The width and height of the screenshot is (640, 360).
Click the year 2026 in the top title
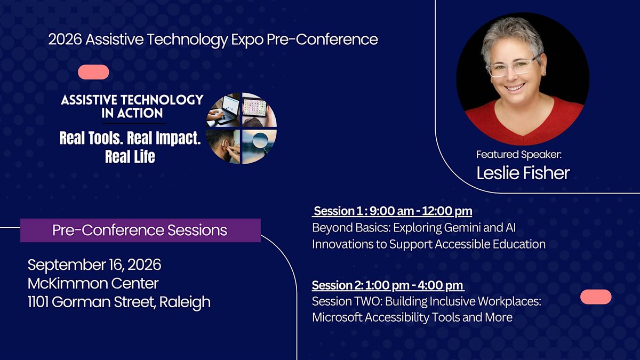65,39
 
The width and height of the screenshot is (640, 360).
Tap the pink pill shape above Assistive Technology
93,72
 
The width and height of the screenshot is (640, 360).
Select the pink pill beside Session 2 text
596,297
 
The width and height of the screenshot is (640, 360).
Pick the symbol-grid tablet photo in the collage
259,110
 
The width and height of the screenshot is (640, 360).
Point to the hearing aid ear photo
224,146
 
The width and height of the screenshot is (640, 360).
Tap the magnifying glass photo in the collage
259,146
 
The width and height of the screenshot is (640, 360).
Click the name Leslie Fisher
523,173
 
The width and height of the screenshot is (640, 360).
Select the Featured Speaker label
519,155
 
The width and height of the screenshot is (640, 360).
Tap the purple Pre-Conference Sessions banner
140,230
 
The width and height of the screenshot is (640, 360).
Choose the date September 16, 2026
94,265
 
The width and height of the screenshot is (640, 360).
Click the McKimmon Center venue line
93,283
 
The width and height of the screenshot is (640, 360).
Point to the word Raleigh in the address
185,302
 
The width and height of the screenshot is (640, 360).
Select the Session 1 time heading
392,211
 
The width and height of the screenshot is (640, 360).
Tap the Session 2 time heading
388,285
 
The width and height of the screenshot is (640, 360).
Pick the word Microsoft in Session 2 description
337,317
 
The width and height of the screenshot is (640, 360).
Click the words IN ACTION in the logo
132,113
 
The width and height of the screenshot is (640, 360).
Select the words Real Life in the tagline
130,157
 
